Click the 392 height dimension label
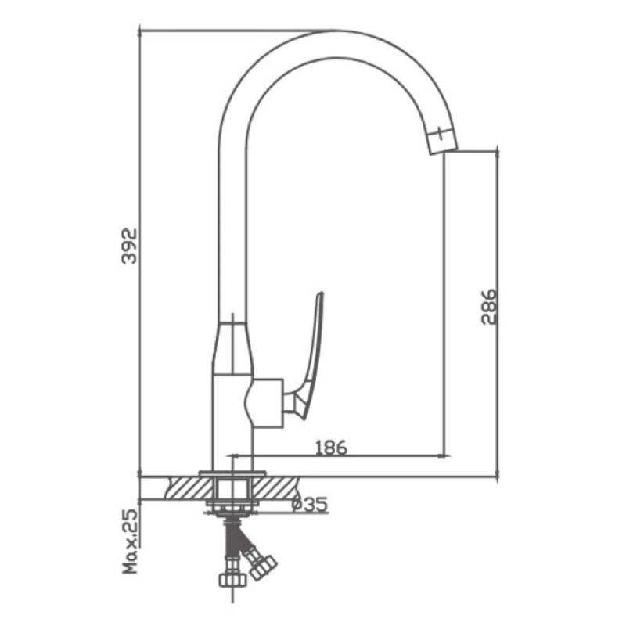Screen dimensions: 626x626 (x=129, y=246)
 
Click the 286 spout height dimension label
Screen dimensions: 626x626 (x=488, y=307)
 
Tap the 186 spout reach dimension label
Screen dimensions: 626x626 (x=331, y=448)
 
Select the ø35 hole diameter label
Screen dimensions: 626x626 (x=310, y=504)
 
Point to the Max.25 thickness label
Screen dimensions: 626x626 (x=130, y=541)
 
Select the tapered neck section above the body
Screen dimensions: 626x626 (x=232, y=348)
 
